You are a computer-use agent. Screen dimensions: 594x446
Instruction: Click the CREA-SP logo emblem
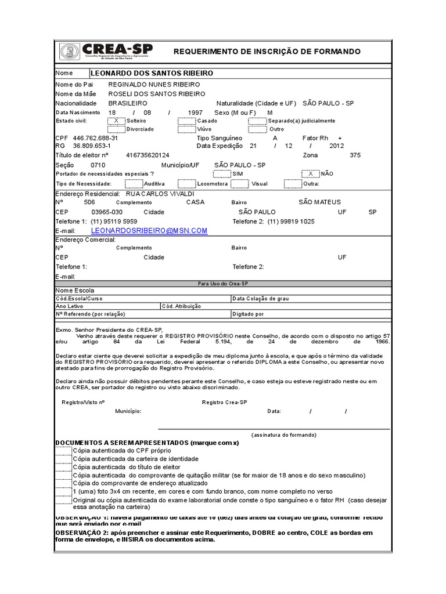pos(70,51)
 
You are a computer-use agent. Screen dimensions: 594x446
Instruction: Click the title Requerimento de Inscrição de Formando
pos(267,52)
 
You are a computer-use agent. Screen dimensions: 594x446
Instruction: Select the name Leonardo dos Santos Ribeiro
pos(152,74)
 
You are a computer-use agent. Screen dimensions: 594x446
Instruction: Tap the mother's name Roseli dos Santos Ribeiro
pos(153,93)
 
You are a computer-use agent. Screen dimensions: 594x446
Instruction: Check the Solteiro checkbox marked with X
pos(117,121)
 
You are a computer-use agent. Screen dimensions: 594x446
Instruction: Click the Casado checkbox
pos(187,121)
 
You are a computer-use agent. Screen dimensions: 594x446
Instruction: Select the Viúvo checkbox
pos(187,129)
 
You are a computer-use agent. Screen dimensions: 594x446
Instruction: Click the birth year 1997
pos(196,112)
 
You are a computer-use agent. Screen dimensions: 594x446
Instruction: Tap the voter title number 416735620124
pos(148,155)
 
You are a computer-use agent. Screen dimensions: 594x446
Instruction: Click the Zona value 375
pos(355,155)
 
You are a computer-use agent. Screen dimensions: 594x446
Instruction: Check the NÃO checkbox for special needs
pos(310,173)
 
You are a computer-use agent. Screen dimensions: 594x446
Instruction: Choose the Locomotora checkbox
pos(187,183)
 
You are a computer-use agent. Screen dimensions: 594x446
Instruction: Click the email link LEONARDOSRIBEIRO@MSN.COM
pos(157,230)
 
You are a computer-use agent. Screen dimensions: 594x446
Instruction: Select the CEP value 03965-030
pos(107,212)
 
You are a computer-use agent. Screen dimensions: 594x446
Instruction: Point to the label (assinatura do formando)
pos(283,434)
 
